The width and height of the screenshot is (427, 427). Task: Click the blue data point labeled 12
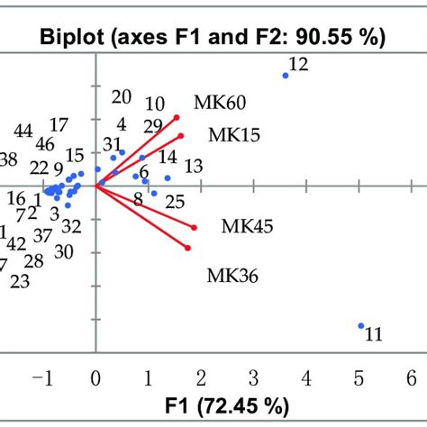[286, 76]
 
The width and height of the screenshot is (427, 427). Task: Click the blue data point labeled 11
[361, 326]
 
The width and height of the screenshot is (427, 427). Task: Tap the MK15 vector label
[234, 135]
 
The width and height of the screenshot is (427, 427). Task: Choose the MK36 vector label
[232, 275]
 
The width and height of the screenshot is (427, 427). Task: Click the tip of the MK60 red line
[177, 117]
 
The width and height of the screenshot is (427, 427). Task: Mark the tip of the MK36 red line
[187, 248]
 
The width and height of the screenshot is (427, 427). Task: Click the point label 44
[23, 131]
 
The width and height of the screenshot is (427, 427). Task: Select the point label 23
[20, 282]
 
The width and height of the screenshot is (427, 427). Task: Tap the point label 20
[121, 97]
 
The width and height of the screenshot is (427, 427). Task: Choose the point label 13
[193, 166]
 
